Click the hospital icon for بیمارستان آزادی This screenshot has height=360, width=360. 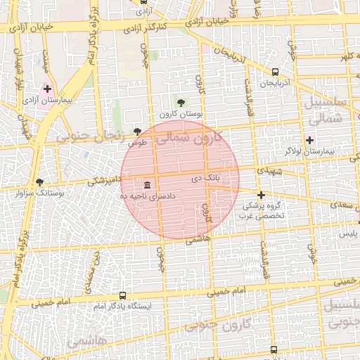48,89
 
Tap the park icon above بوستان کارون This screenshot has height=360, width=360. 182,103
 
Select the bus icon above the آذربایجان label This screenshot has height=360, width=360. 274,72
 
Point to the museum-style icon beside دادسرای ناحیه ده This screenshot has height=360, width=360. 147,185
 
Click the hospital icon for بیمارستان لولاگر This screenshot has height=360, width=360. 309,140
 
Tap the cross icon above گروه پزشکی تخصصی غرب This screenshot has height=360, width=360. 261,195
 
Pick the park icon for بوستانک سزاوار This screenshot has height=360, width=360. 39,182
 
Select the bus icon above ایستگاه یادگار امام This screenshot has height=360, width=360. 123,296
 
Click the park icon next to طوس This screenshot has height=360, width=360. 138,131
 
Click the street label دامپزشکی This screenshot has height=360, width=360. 104,181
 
